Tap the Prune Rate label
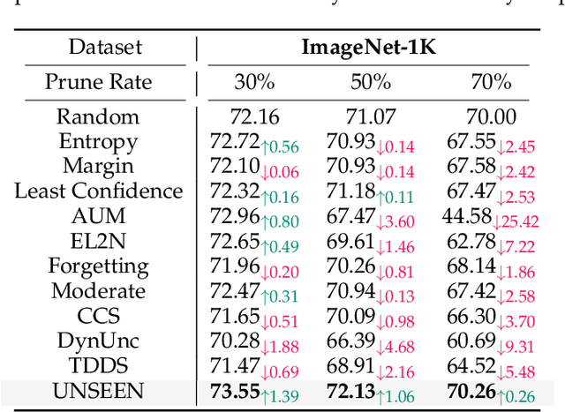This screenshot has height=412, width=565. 98,83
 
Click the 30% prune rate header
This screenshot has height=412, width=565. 254,83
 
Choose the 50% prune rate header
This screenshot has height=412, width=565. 371,83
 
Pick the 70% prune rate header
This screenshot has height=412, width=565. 490,83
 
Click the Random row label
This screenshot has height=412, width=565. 98,116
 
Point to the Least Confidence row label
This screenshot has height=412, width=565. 98,191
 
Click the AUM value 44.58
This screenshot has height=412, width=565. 467,216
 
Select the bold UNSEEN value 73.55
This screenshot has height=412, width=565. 236,391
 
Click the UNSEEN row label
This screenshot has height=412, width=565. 98,390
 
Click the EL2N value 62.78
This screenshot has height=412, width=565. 472,241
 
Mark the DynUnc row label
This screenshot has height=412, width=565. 98,341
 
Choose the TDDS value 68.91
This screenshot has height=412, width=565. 351,365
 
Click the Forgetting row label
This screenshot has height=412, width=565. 98,266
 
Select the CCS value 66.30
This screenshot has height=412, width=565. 472,316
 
